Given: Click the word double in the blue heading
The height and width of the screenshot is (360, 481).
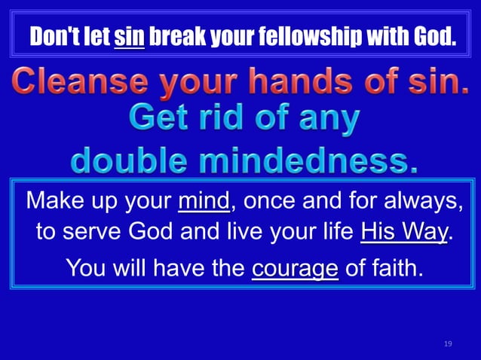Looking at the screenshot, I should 133,160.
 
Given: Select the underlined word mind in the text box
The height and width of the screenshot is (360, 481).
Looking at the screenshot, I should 204,202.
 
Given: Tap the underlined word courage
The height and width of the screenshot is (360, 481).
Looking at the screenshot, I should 295,267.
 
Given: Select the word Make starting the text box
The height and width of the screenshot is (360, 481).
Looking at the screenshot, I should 53,202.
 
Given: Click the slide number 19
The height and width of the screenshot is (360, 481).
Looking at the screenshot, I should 448,343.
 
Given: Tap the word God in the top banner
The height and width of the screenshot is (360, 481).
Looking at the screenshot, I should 437,35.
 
